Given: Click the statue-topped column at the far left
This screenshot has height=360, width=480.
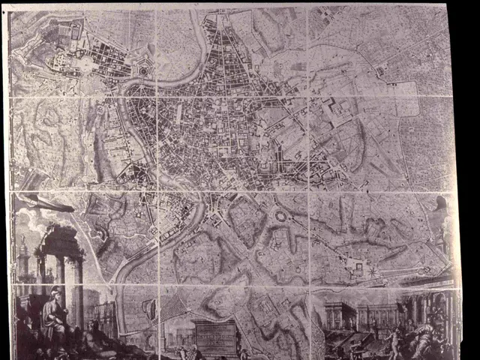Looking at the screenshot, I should [24, 255].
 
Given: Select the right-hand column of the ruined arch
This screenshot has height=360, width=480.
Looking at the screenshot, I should [78, 289].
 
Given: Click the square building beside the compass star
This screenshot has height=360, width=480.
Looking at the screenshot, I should [358, 267].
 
